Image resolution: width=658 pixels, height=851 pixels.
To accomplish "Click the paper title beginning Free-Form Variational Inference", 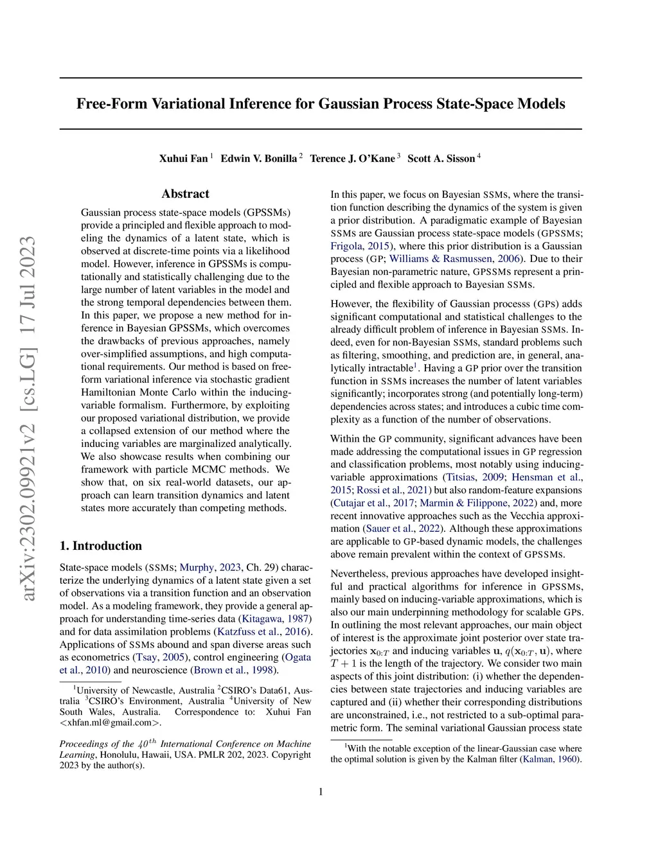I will (321, 104).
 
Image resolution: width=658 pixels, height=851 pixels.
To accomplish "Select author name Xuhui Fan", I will (183, 159).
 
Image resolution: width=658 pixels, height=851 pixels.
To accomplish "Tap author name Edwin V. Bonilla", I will (258, 159).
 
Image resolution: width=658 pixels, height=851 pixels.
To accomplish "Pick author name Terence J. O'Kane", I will (352, 159).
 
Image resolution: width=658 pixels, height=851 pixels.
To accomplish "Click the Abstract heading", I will (185, 194).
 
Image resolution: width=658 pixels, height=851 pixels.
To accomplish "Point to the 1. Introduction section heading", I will (101, 546).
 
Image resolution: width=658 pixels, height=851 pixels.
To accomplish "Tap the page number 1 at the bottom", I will (321, 791).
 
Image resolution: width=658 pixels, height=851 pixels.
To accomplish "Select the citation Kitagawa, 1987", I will (275, 619).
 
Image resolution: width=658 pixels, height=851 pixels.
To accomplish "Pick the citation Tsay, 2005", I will (160, 658).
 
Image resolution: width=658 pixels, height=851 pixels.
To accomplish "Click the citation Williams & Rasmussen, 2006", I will (454, 259).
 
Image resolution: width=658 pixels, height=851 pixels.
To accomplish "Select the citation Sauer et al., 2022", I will (403, 529).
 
